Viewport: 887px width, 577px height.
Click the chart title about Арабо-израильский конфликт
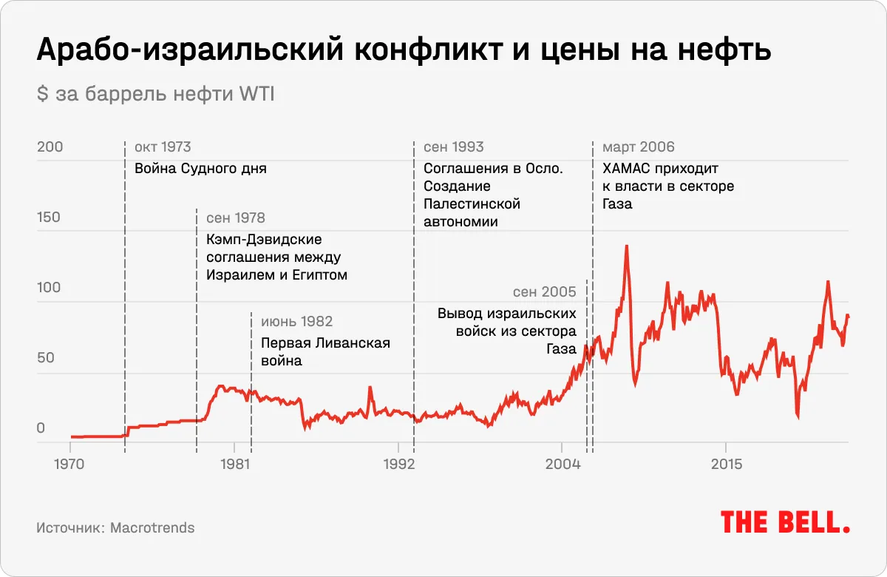[404, 50]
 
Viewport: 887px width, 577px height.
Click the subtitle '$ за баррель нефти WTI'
[155, 95]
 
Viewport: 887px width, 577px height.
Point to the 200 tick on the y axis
[50, 147]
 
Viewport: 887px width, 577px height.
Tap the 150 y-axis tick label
[50, 217]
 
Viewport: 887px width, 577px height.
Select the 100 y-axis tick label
[50, 288]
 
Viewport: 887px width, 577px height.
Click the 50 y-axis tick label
[46, 358]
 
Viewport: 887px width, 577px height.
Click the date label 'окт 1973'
[163, 147]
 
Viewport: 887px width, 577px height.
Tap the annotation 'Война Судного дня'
[200, 169]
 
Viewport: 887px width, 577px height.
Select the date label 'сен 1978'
[235, 218]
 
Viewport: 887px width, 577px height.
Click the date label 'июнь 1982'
[296, 322]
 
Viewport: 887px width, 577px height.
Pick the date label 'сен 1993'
[453, 147]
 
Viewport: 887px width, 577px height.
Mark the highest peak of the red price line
[627, 246]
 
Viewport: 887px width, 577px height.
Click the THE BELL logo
[785, 522]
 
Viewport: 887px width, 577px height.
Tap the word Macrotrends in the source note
[152, 527]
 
